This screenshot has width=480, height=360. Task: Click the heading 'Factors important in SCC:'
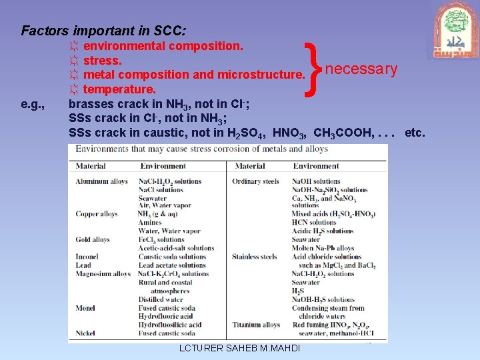[x=104, y=31]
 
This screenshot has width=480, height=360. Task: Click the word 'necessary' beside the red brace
[x=361, y=69]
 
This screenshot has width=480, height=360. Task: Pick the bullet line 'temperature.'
[x=113, y=89]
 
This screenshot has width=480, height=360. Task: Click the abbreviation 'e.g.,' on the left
[x=33, y=104]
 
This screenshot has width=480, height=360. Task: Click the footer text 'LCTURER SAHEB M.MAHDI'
[x=240, y=349]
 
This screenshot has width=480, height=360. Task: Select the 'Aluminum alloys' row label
[x=101, y=181]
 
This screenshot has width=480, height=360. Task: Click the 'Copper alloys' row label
[x=97, y=214]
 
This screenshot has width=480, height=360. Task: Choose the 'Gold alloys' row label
[x=93, y=239]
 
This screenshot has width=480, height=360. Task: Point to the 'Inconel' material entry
[x=87, y=257]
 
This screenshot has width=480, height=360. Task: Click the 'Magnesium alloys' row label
[x=103, y=274]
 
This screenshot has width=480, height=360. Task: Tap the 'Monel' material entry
[x=85, y=308]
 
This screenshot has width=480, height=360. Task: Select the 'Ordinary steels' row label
[x=255, y=181]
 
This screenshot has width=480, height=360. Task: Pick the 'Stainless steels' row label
[x=255, y=257]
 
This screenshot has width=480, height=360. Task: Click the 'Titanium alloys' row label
[x=256, y=325]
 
